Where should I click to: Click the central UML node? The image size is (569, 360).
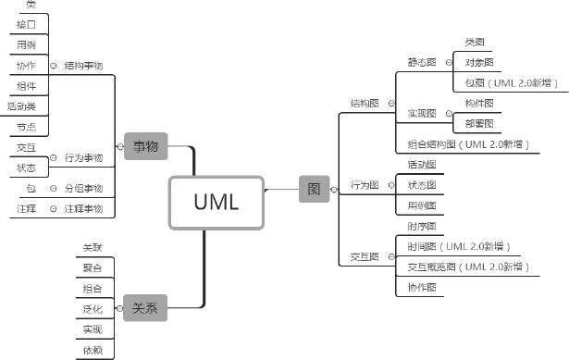pos(216,202)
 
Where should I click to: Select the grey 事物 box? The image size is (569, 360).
pos(145,146)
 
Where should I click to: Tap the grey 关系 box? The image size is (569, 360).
pos(145,308)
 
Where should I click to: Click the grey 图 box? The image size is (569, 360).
pos(314,189)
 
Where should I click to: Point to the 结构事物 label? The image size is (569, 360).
pos(83,66)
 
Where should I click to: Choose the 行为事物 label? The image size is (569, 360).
pos(83,158)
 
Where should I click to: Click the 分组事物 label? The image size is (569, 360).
pos(83,188)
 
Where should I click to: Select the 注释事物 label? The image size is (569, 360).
pos(83,208)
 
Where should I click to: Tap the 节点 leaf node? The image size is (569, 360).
pos(27,127)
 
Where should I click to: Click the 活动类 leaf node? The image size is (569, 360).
pos(21,106)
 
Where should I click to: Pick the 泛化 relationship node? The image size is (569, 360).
pos(93,309)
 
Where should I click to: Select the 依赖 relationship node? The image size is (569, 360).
pos(93,350)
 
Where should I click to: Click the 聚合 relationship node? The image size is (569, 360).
pos(93,267)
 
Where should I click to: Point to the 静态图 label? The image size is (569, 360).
pos(421,63)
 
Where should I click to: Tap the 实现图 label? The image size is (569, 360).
pos(422,114)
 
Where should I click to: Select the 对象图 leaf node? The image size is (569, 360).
pos(478,63)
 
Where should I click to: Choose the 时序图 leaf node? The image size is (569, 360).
pos(422,227)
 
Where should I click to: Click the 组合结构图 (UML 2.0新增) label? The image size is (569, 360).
pos(469,144)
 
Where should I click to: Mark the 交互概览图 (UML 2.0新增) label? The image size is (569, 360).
pos(469,267)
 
